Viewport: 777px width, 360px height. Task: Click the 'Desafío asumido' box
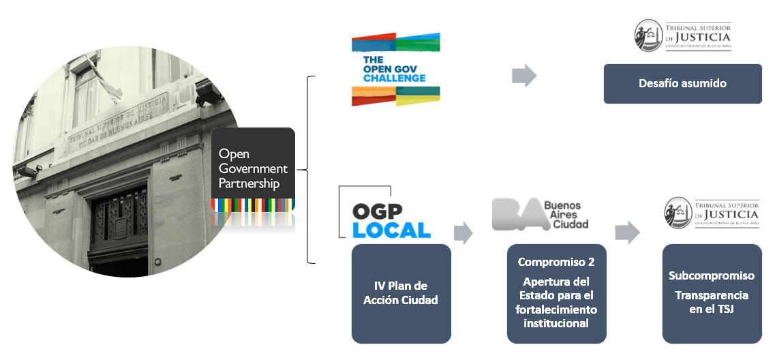pos(682,84)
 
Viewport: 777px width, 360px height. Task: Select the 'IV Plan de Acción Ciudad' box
pos(401,293)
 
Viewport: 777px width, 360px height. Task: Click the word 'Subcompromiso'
pos(711,276)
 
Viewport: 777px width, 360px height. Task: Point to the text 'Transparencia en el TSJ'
pos(711,302)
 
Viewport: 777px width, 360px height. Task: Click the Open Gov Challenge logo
pos(396,70)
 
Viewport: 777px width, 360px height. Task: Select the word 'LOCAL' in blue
pos(391,230)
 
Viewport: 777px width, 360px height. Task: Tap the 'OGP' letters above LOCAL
pos(377,210)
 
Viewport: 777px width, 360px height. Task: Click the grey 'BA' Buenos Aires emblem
pos(516,214)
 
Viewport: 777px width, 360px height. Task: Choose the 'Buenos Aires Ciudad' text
pos(566,214)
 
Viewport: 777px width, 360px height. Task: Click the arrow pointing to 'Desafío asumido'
pos(523,76)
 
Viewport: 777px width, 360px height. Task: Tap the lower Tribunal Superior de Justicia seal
pos(677,212)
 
